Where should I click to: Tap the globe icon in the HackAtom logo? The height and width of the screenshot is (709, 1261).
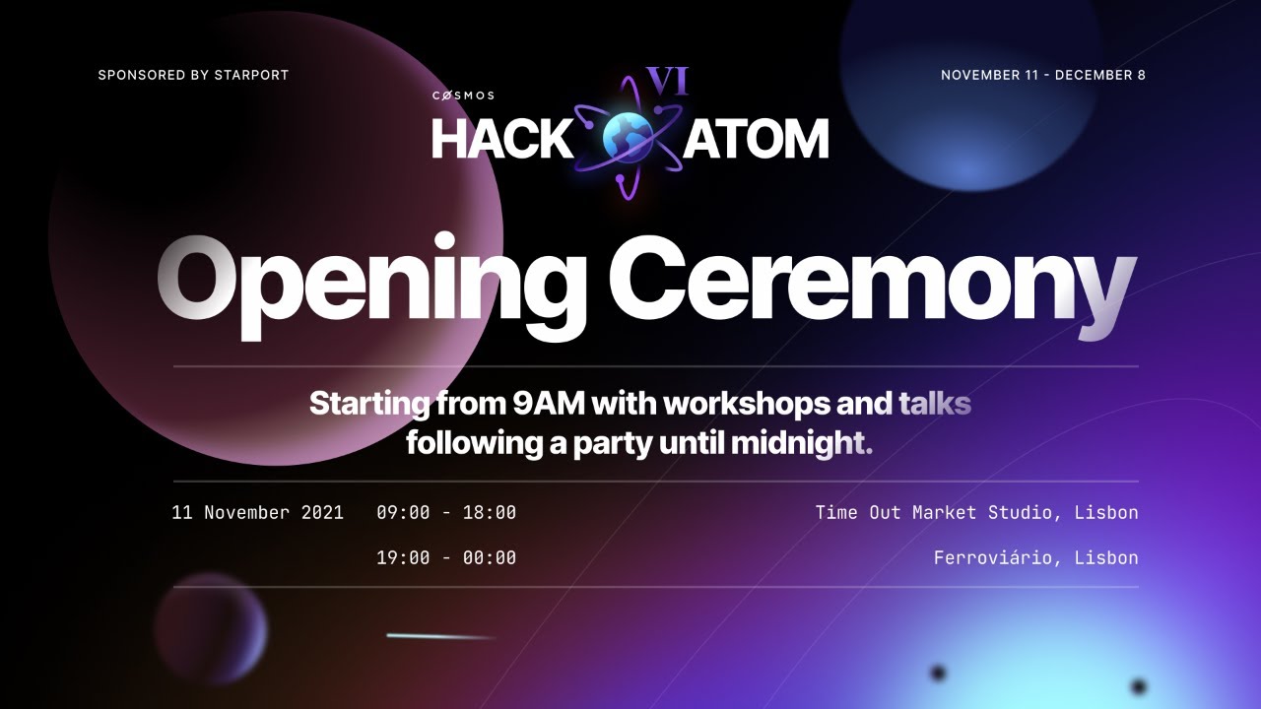pos(628,137)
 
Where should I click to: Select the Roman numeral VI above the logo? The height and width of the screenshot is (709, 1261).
pos(666,81)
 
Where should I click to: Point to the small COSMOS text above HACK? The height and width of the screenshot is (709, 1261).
pos(463,96)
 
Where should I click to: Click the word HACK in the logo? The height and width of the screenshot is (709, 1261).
pos(501,140)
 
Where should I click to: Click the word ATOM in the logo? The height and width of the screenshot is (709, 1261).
pos(757,140)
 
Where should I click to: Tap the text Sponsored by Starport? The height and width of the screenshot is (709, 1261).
pos(193,75)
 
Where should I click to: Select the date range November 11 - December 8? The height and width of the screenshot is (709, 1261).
pos(1042,75)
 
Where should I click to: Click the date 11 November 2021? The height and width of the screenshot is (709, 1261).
pos(257,512)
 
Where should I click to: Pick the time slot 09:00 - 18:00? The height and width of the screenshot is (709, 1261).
pos(446,512)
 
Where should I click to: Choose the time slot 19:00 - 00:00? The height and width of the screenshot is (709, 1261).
pos(446,557)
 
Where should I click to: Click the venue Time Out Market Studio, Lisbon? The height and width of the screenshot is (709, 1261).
pos(976,512)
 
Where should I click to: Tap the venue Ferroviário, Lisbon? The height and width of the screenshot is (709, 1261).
pos(1035,557)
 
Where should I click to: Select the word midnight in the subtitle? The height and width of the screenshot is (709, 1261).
pos(800,443)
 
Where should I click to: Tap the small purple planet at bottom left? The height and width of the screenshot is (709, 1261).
pos(210,628)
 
